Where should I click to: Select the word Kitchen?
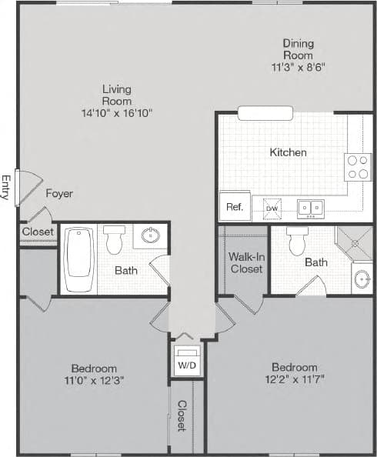coord(288,152)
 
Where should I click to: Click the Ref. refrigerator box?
coord(234,207)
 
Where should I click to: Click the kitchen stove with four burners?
coord(358,167)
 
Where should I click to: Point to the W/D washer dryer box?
coord(187,363)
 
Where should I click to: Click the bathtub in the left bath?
coord(78,259)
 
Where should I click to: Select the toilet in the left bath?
coord(115,240)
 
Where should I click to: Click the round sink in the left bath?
coord(152,235)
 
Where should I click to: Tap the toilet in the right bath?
coord(298,241)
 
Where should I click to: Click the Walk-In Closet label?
coord(245,262)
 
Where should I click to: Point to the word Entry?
coord(6,187)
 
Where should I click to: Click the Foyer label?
coord(59,194)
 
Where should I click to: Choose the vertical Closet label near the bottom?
coord(182,415)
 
